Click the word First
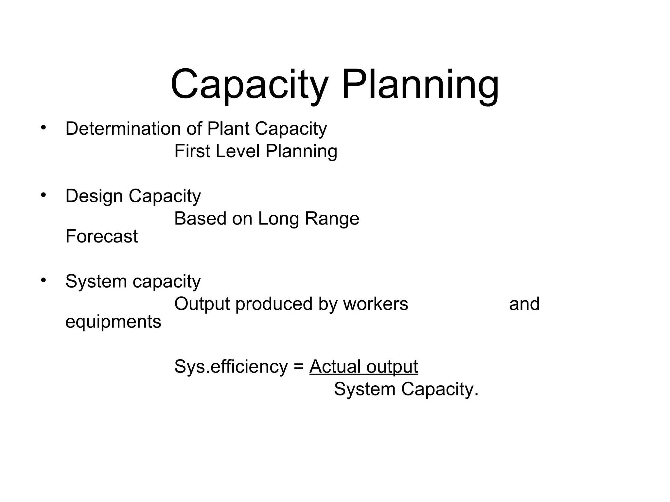point(192,151)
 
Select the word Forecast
point(101,236)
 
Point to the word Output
point(202,304)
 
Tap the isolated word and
point(524,304)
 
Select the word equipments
point(113,322)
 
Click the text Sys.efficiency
point(231,367)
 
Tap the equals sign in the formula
point(298,367)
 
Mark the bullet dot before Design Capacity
point(44,195)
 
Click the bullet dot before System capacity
point(44,280)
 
